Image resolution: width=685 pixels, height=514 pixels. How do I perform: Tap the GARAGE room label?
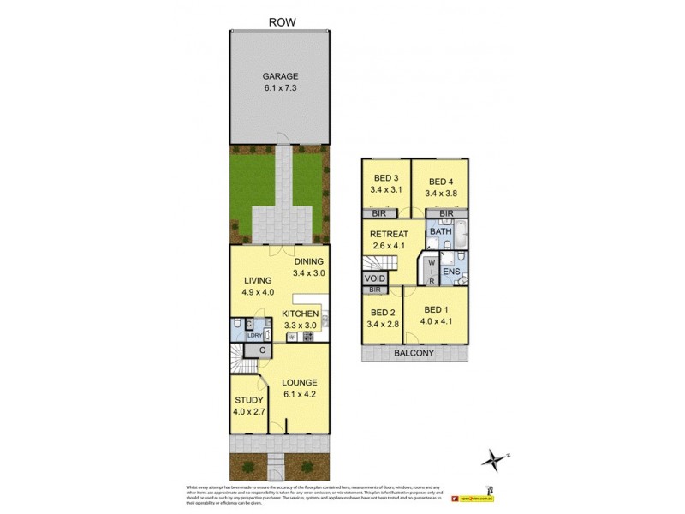(x=280, y=75)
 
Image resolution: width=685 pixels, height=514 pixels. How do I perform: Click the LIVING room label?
(x=257, y=280)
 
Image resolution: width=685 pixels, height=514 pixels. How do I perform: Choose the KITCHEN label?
(x=300, y=314)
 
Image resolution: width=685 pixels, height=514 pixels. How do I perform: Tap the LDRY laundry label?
(x=254, y=335)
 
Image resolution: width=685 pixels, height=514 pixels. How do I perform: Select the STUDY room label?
(x=248, y=399)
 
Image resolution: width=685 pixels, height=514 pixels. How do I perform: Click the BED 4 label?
(x=440, y=182)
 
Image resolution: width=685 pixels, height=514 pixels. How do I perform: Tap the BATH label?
(x=440, y=231)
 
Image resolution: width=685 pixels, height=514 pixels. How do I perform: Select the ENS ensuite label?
(x=451, y=272)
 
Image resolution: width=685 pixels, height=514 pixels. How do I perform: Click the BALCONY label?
(x=414, y=353)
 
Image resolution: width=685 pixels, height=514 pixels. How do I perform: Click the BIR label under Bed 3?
(x=378, y=213)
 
